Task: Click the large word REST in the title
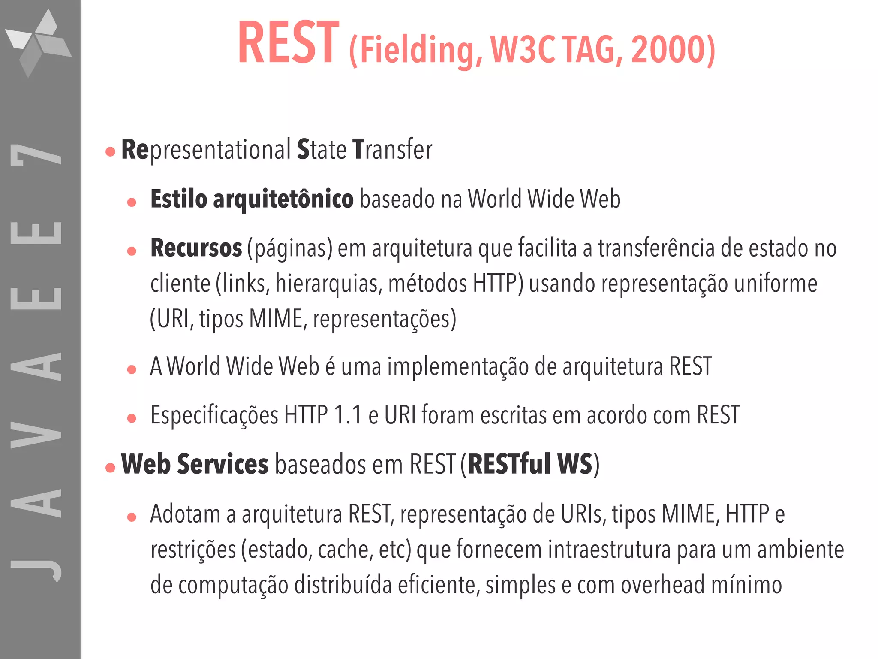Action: point(288,43)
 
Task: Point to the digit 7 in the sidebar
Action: point(36,154)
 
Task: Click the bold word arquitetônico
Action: point(283,199)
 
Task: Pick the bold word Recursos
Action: point(196,248)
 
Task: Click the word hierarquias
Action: point(328,284)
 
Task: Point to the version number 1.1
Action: point(348,415)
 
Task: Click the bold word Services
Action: point(223,464)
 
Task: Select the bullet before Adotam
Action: point(132,517)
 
